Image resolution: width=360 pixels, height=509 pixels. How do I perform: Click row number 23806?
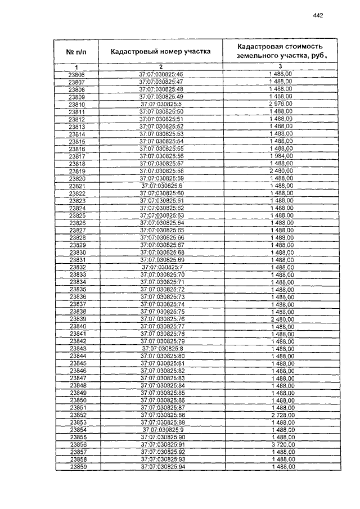tap(77, 75)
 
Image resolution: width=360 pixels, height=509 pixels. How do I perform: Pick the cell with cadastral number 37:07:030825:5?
tap(161, 105)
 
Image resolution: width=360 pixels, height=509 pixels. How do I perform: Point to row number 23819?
tap(77, 171)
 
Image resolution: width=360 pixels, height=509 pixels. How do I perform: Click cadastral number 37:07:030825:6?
tap(162, 186)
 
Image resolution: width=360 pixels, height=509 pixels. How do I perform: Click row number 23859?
tap(77, 466)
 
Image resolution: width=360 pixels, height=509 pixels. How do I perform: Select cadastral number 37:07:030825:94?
tap(162, 466)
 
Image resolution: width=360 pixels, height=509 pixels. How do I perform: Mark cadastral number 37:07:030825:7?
tap(162, 267)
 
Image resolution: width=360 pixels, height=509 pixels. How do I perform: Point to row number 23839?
tap(77, 319)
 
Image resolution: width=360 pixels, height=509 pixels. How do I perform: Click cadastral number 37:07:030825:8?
tap(162, 349)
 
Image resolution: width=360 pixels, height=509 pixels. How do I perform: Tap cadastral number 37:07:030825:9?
tap(162, 429)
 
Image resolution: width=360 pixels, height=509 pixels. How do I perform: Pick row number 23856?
tap(77, 444)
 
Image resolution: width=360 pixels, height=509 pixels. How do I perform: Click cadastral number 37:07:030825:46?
tap(162, 75)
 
